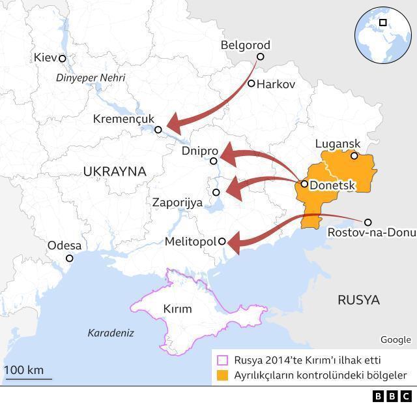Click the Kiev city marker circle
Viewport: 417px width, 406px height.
tap(63, 59)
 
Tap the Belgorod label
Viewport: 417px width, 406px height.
tap(245, 45)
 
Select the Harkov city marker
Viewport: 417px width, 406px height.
tap(252, 84)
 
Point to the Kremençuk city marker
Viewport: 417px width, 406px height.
tap(158, 130)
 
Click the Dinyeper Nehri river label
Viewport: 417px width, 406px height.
tap(91, 78)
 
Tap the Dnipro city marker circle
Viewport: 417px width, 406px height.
tap(214, 161)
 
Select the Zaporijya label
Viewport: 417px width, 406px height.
tap(177, 202)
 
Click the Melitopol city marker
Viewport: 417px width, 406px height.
tap(222, 242)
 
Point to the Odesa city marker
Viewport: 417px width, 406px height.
tap(70, 258)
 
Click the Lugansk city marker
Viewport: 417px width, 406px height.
tap(354, 156)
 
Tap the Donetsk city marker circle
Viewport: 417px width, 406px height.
tap(304, 184)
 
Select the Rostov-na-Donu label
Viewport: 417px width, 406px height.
tap(371, 233)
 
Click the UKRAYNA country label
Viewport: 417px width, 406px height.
tap(115, 171)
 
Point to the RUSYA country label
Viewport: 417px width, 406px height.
tap(358, 300)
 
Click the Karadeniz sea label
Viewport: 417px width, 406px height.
tap(111, 333)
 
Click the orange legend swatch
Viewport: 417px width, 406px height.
tap(223, 375)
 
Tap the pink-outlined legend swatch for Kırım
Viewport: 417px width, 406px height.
tap(223, 360)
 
